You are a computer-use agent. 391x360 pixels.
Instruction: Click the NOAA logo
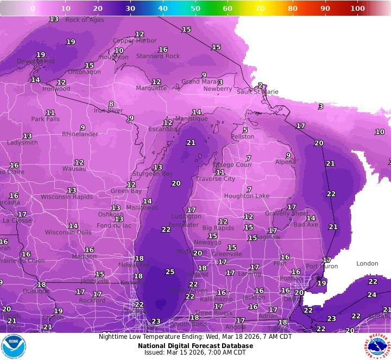pos(14,346)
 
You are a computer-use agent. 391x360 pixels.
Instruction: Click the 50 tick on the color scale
pos(195,8)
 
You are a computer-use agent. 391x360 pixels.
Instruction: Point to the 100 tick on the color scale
pos(357,8)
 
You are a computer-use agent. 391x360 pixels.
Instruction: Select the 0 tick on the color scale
pos(33,8)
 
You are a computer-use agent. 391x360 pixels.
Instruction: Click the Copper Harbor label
pos(135,41)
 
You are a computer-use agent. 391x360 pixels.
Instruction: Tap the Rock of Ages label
pos(84,20)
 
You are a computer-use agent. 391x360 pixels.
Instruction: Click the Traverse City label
pos(216,179)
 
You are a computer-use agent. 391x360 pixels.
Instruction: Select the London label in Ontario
pos(367,264)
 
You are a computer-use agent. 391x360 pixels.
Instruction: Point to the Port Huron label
pos(321,267)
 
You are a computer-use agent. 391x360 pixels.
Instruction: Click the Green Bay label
pos(126,191)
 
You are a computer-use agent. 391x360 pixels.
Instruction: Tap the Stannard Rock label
pos(158,56)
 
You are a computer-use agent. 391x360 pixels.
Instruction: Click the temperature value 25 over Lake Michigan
pos(170,271)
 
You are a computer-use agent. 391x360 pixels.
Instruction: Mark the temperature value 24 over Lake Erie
pos(371,295)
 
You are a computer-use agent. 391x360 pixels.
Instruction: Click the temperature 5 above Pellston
pos(245,130)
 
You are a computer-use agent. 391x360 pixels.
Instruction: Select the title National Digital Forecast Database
pos(195,345)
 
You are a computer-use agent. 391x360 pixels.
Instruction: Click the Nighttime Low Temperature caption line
pos(195,337)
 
